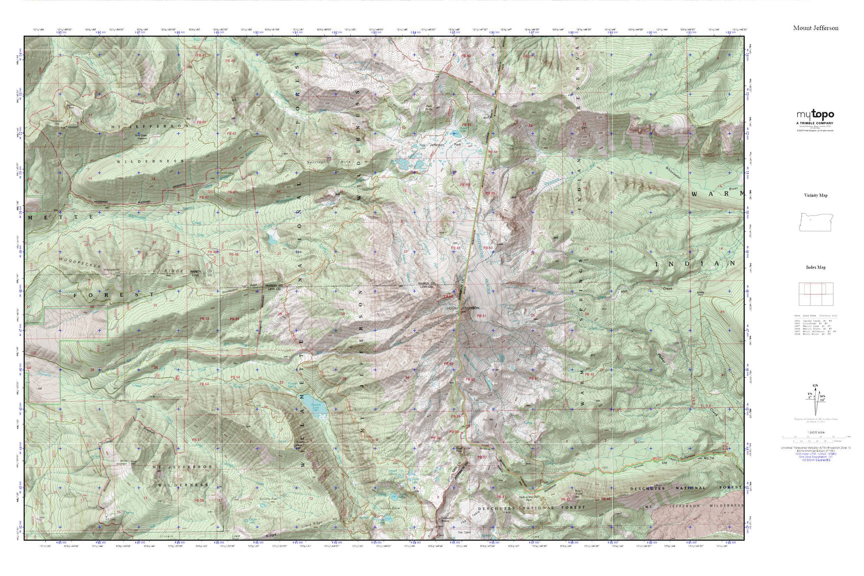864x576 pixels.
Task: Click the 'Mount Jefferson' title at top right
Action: [x=816, y=28]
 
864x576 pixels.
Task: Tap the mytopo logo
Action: [x=815, y=115]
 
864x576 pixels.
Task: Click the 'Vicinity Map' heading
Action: [x=816, y=195]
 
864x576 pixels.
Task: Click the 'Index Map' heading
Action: [x=816, y=267]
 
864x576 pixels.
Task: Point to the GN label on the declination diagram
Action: [x=814, y=385]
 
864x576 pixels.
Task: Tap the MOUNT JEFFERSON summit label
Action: [x=462, y=309]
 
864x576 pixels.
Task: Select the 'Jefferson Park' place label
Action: [x=437, y=145]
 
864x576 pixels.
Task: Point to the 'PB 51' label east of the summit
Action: [x=482, y=316]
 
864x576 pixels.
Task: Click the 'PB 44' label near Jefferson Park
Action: [x=492, y=151]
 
